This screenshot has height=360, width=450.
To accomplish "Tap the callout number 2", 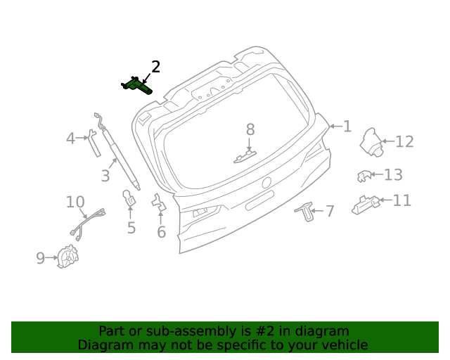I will point(155,67).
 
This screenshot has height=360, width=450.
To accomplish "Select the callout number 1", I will point(347,127).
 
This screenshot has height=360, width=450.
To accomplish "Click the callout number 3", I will point(105,176).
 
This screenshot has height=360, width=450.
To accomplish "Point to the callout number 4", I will point(70,139).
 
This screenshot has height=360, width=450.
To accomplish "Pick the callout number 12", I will point(404,142).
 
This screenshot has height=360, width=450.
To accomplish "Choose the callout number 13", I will point(393,175).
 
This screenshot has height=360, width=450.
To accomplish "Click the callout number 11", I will point(401,201).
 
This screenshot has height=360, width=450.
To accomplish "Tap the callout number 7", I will point(330,210).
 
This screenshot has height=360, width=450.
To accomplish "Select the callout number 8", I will point(250,129).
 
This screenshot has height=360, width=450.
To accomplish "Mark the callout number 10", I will point(75,202).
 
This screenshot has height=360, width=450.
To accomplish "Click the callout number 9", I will point(41,259).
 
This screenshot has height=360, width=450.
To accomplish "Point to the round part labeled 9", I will point(67,257).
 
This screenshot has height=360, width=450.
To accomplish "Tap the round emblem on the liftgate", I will point(266,183).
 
